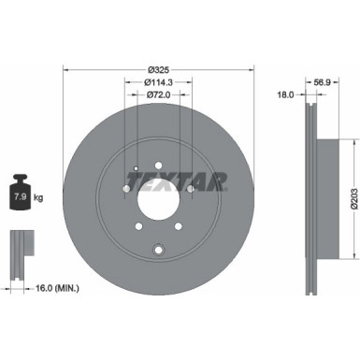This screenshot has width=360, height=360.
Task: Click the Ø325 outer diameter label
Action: tap(158, 70)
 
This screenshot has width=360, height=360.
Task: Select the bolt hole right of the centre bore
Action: tap(192, 194)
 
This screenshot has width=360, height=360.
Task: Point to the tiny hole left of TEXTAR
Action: tap(137, 168)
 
